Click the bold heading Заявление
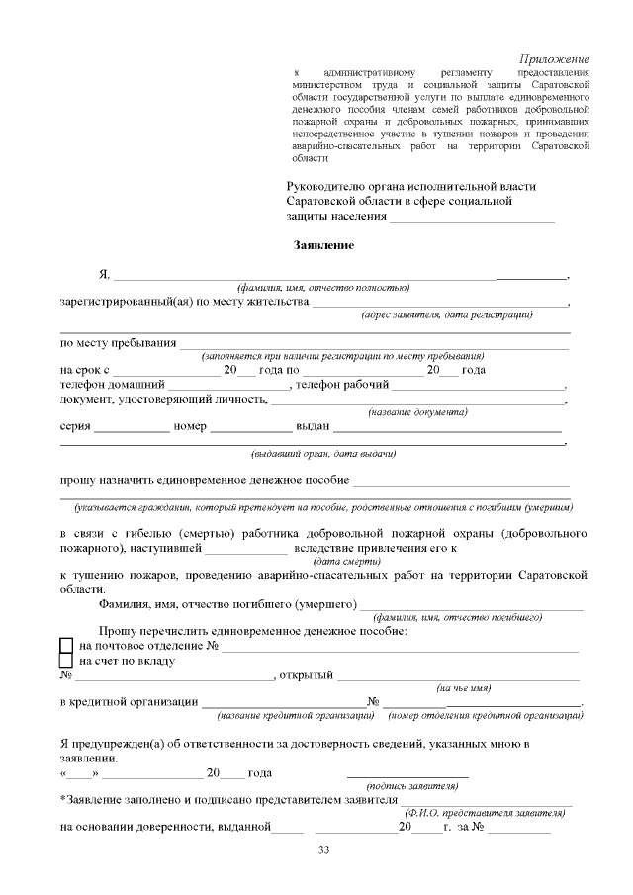tap(323, 244)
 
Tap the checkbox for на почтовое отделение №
tap(66, 645)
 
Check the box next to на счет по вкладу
tap(66, 660)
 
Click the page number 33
tap(323, 850)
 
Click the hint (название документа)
tap(417, 411)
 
